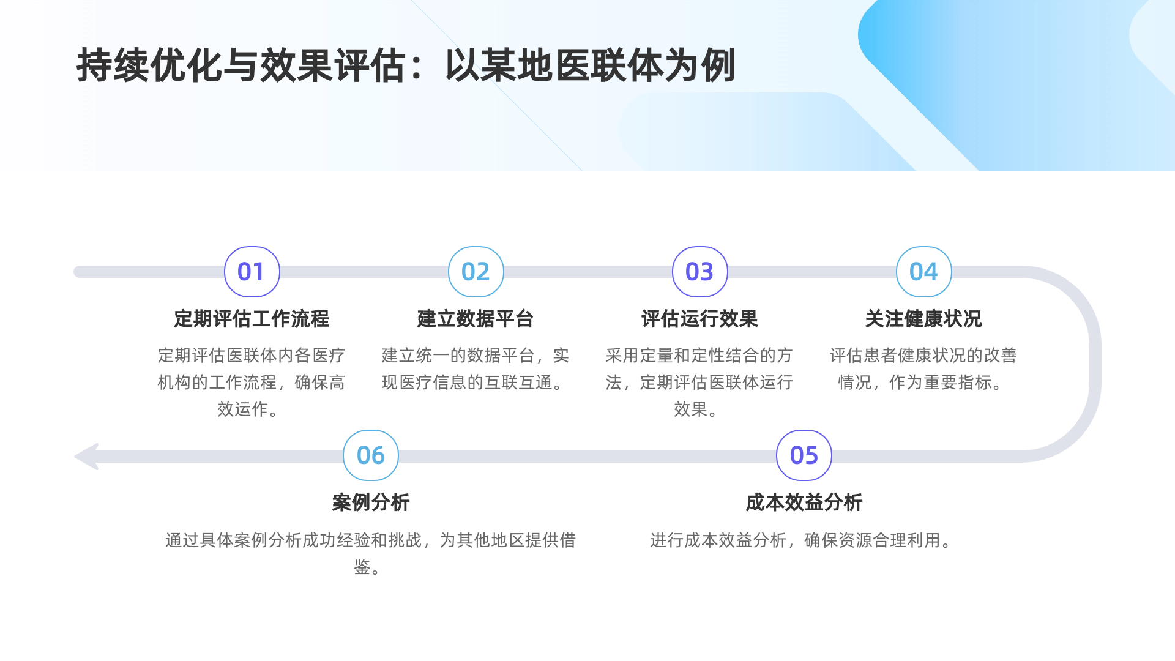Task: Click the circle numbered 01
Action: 252,272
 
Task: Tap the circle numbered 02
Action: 476,272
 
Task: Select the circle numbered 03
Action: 699,272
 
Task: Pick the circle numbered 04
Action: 923,272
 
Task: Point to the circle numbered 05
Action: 804,455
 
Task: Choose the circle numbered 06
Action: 370,455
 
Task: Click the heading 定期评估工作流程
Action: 252,319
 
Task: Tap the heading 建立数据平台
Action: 476,319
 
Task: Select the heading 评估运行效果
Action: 699,319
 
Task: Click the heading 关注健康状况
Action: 923,319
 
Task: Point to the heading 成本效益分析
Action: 804,502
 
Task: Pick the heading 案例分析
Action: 370,502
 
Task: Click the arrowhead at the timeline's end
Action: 88,457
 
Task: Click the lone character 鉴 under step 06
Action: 362,567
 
